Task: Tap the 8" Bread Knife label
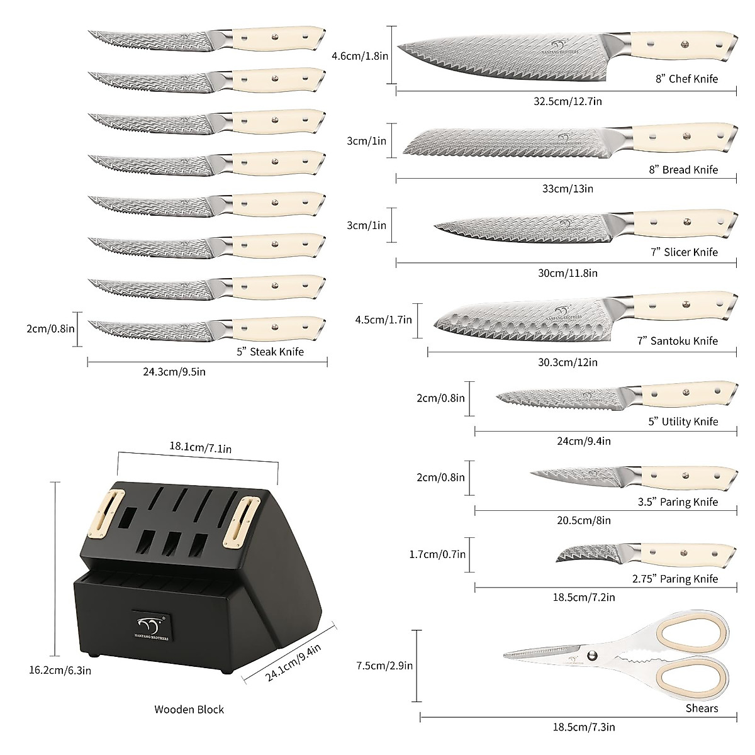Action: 683,169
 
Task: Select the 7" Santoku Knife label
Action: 677,341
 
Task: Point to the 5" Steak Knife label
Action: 270,352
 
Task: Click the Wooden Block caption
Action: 189,709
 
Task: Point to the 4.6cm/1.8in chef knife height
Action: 360,55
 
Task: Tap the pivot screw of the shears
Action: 591,656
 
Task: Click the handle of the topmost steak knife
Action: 277,38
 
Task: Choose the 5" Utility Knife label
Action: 683,422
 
